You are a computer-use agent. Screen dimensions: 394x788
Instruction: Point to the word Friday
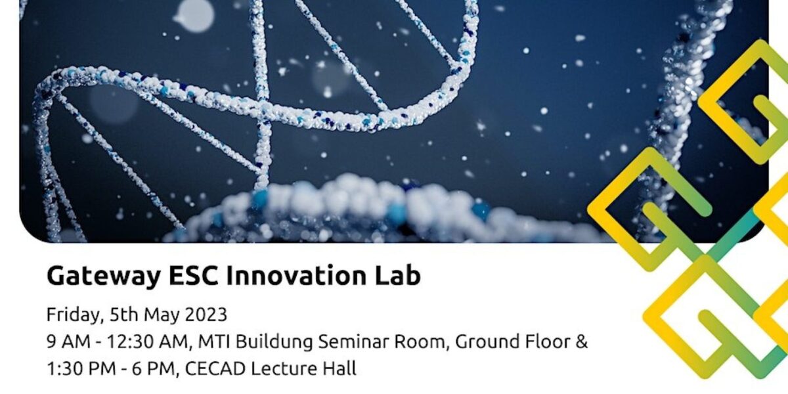coord(72,315)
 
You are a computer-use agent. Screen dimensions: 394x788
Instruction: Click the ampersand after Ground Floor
coord(581,342)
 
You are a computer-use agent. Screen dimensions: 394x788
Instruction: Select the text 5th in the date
coord(120,315)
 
